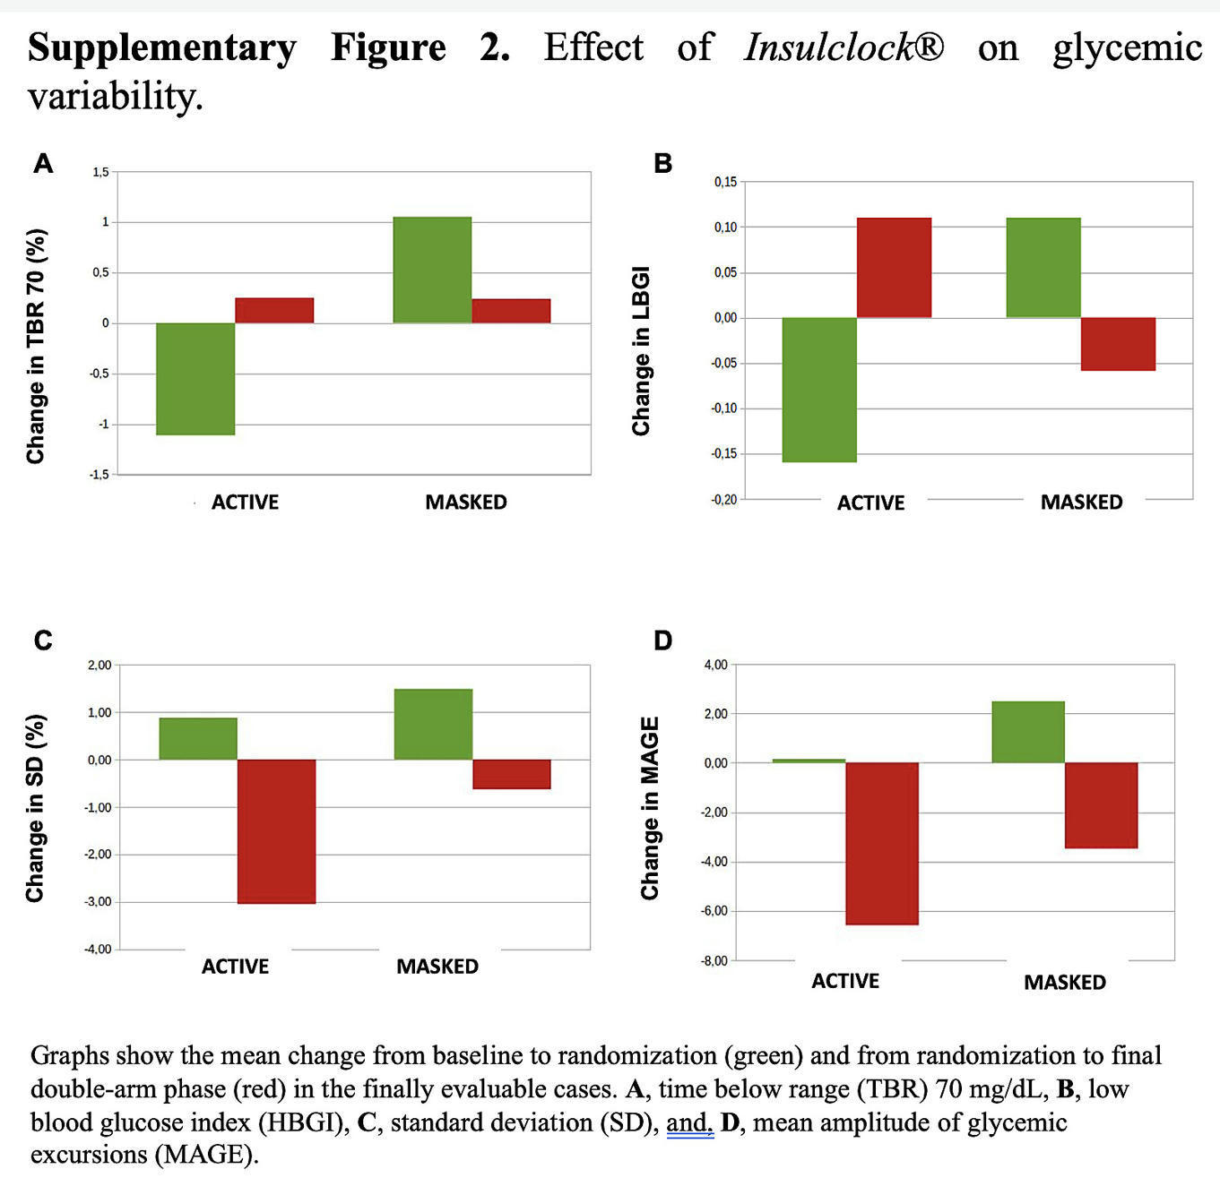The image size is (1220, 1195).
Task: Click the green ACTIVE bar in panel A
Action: tap(195, 379)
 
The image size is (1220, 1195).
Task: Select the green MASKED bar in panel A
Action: tap(432, 270)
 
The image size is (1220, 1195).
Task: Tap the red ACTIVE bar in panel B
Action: tap(894, 268)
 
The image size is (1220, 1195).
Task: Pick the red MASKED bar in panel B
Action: tap(1118, 344)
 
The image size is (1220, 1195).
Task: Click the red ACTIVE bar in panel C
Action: tap(276, 831)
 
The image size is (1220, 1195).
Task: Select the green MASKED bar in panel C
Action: tap(433, 724)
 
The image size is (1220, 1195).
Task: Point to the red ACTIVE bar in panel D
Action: tap(882, 843)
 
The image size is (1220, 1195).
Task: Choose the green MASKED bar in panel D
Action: tap(1028, 732)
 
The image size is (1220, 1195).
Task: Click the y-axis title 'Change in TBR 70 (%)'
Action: tap(36, 347)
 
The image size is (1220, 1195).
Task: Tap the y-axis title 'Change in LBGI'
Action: tap(641, 351)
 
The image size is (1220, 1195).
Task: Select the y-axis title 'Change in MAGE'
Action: tap(650, 808)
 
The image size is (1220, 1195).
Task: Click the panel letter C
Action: tap(42, 640)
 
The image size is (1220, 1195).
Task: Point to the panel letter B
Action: tap(662, 163)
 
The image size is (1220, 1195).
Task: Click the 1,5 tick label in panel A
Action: tap(100, 172)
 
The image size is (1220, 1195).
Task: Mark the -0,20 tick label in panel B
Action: tap(723, 499)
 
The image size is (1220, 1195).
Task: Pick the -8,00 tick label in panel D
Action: tap(715, 961)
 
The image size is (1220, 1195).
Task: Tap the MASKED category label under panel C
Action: tap(437, 967)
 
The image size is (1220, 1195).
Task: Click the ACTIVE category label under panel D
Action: tap(845, 981)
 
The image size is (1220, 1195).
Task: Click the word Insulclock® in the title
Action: tap(844, 47)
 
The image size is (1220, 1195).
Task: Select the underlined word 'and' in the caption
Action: tap(688, 1122)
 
